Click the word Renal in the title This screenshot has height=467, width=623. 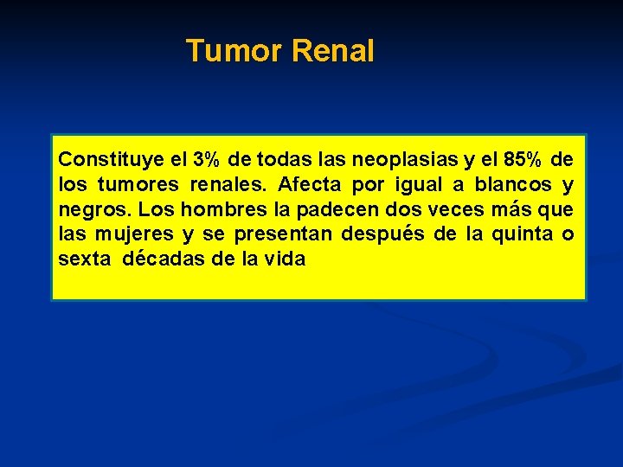333,51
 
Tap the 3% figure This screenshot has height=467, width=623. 205,160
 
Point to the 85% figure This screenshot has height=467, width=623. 524,160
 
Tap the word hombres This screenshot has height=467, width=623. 215,209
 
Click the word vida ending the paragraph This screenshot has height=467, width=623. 286,259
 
